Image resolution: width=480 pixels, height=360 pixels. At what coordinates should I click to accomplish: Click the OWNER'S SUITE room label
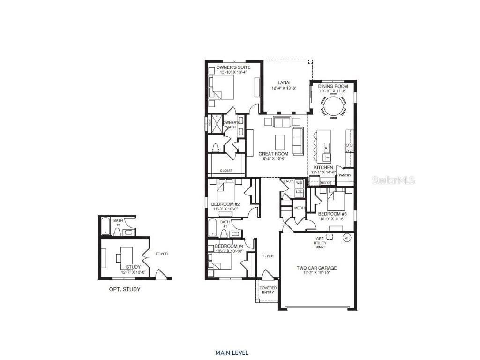coord(233,67)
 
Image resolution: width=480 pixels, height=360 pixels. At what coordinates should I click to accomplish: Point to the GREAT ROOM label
coord(271,154)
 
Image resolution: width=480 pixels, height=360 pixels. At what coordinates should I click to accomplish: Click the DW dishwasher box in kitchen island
coord(327,157)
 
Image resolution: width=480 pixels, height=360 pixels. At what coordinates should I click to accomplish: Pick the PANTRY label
coord(345,175)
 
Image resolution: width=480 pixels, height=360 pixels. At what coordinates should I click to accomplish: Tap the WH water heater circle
coord(347,237)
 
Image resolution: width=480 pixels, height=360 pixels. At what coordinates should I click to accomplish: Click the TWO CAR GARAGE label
coord(316,269)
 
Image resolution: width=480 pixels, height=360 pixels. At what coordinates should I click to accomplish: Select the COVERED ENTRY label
coord(268,290)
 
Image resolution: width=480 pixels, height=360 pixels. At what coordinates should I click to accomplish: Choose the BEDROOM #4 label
coord(229,246)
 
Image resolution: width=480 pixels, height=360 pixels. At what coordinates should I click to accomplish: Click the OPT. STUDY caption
coord(125,289)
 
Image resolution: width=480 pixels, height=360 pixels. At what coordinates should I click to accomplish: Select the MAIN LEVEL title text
coord(232,352)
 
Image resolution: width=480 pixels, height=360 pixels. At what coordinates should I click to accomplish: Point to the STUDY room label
coord(133,267)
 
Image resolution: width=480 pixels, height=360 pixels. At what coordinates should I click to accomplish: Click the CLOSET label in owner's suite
coord(225,171)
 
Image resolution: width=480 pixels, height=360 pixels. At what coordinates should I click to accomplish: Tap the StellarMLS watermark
coord(393,180)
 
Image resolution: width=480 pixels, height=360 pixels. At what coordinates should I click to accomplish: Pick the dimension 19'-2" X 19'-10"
coord(316,274)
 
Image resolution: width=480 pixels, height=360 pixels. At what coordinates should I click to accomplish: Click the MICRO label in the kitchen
coord(325,182)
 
